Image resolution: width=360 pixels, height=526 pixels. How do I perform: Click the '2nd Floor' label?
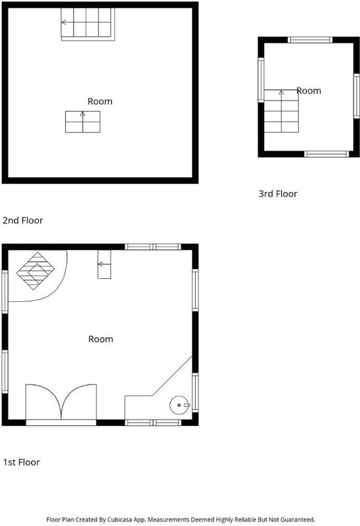[23, 220]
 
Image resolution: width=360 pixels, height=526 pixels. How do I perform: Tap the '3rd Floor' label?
[278, 193]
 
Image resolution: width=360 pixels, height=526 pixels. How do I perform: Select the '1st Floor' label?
[22, 462]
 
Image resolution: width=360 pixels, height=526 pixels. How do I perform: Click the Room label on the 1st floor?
[101, 339]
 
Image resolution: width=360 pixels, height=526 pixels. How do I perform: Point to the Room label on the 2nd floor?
[100, 101]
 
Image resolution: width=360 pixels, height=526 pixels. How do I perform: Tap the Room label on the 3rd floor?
[309, 91]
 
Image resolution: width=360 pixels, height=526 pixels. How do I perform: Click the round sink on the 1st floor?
[179, 405]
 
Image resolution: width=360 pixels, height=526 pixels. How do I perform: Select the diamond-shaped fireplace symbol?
[35, 271]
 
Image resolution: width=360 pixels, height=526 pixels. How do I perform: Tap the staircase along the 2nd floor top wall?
[88, 24]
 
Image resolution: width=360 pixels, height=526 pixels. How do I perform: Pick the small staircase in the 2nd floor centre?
[83, 122]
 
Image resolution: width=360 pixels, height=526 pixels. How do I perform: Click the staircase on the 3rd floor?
[281, 111]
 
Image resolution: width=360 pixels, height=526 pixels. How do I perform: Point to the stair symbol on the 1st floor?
[104, 264]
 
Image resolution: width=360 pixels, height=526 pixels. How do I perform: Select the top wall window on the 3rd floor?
[310, 40]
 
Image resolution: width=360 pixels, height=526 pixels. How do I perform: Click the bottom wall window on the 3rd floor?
[326, 154]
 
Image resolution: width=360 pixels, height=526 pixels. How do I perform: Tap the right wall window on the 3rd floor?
[357, 96]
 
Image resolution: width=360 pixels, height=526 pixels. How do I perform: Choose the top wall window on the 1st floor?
[153, 247]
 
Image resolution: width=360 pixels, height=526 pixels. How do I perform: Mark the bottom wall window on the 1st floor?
[153, 423]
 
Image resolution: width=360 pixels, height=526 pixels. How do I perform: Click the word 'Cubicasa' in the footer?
[120, 519]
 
